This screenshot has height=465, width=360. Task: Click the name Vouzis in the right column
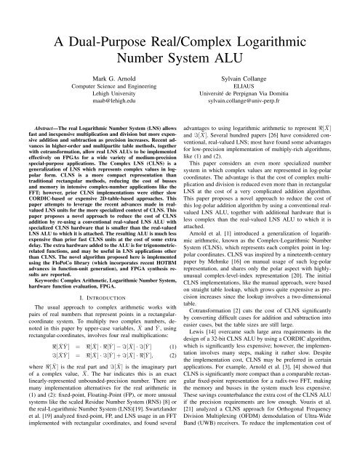click(x=311, y=423)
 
